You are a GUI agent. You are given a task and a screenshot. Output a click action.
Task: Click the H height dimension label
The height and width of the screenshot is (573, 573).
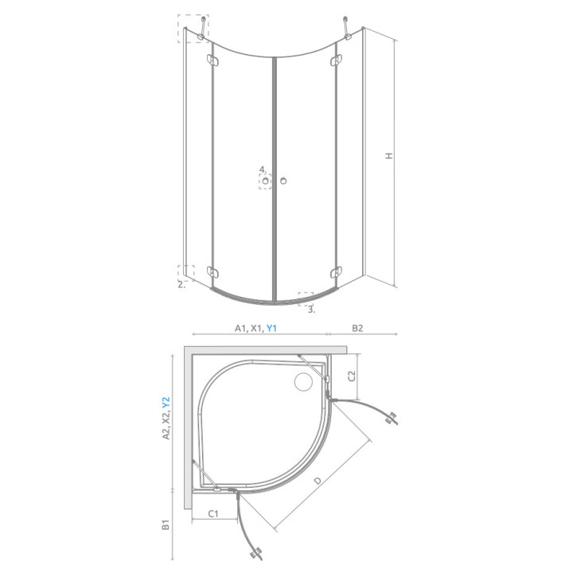[389, 155]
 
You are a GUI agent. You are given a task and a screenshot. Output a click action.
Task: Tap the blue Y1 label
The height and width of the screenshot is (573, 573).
[271, 328]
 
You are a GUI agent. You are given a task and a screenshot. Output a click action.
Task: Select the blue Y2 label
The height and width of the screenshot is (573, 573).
[166, 403]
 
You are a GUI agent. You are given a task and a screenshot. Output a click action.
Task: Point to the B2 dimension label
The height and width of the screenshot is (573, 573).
[357, 328]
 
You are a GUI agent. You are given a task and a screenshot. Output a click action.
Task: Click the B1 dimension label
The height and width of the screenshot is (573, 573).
[166, 524]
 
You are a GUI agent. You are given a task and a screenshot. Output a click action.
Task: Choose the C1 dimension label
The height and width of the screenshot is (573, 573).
[213, 513]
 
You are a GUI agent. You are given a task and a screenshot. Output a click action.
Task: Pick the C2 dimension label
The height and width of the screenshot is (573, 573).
[352, 376]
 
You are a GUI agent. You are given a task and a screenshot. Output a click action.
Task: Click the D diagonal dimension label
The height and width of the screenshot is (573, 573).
[318, 480]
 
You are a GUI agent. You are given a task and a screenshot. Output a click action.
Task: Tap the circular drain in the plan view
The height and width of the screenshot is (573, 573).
[303, 381]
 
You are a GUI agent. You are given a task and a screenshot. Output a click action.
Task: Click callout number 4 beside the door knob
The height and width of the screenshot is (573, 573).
[263, 170]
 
